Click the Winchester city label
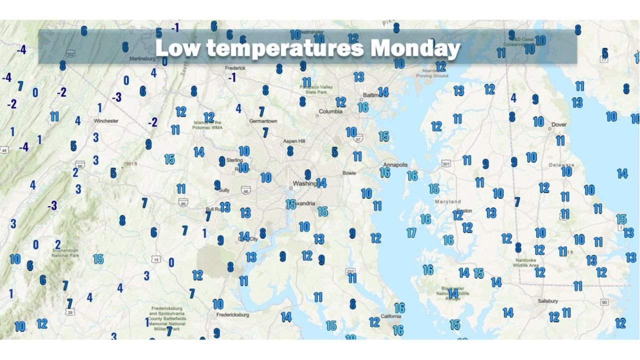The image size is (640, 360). [106, 120]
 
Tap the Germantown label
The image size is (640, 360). [263, 121]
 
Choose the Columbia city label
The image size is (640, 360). [330, 111]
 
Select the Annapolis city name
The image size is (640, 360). [395, 164]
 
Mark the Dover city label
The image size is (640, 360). [558, 124]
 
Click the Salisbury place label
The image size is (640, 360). [547, 301]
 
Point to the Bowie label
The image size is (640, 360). [349, 173]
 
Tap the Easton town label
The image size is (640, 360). [464, 210]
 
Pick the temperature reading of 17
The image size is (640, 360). [411, 232]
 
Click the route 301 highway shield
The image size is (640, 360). [446, 163]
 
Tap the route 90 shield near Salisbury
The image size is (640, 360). [604, 302]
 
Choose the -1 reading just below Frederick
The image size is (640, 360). [231, 78]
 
